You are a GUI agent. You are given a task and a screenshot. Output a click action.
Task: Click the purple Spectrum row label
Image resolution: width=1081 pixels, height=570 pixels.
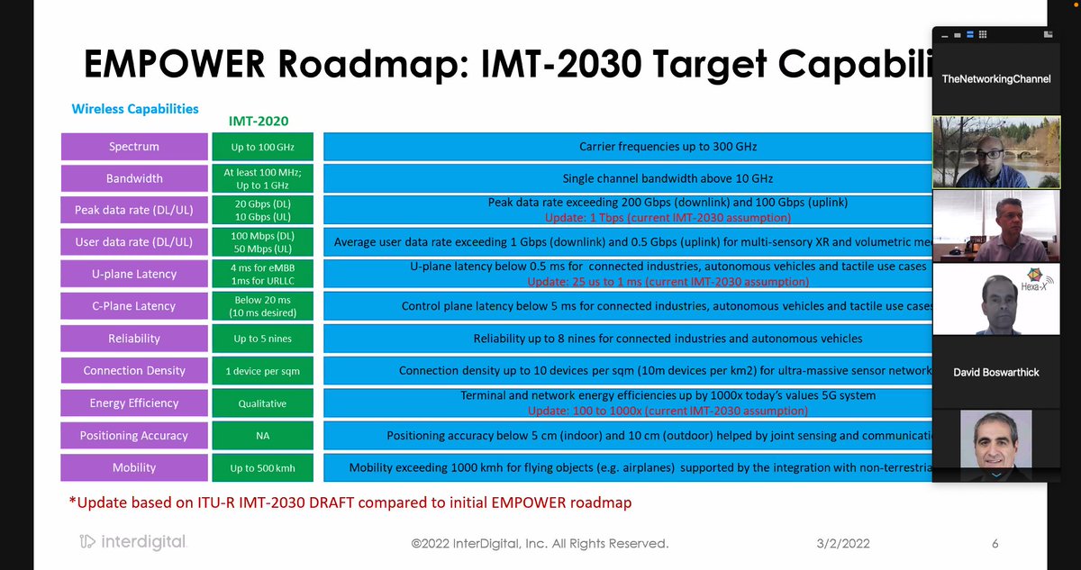[133, 146]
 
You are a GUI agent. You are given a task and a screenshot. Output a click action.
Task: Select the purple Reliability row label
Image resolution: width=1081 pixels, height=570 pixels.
[133, 339]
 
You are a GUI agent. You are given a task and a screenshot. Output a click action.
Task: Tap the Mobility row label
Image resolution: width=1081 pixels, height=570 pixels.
[133, 467]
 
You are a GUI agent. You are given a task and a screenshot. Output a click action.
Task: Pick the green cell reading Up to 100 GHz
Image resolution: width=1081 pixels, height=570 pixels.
[262, 146]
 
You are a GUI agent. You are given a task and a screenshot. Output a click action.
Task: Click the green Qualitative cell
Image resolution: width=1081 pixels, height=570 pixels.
[262, 403]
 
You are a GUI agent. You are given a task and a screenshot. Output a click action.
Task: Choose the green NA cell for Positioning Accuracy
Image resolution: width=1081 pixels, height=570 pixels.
[262, 436]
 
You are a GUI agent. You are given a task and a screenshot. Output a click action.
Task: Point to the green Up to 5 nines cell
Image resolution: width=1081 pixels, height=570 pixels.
[262, 339]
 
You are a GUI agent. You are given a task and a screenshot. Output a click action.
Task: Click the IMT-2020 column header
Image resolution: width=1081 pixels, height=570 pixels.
[259, 120]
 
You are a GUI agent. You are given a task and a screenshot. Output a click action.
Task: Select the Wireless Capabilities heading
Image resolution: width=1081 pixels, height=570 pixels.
[135, 109]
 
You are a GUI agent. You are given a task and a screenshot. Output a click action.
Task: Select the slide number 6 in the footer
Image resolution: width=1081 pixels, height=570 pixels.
[995, 544]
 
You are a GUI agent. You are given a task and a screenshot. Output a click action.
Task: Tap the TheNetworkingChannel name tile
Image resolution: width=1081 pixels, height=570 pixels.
[995, 79]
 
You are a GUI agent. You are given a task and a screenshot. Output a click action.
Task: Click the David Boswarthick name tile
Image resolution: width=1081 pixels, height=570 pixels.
[995, 372]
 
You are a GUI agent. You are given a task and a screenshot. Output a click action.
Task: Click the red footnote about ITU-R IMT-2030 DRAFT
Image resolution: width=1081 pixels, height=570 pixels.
[350, 502]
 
